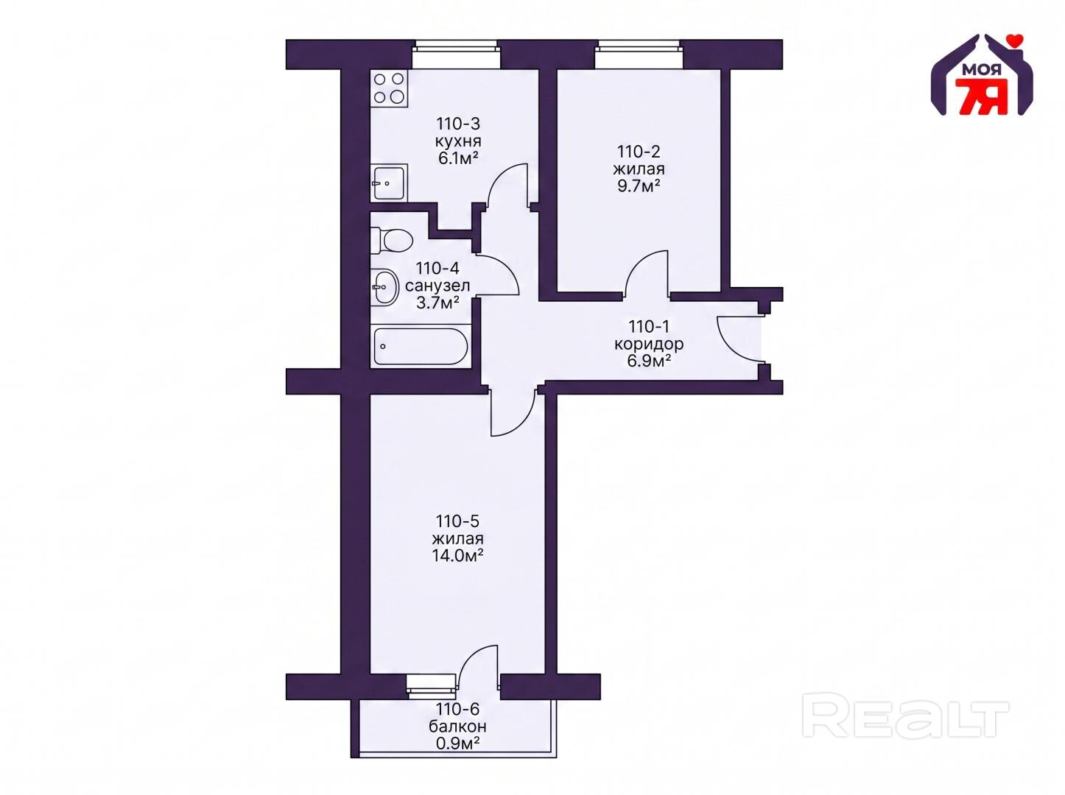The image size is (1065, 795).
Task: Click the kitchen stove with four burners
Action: tap(389, 88)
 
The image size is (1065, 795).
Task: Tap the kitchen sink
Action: tap(389, 183)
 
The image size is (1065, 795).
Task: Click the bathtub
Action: tap(420, 347)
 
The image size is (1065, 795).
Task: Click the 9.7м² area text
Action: tap(639, 185)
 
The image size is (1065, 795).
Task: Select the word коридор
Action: tap(649, 344)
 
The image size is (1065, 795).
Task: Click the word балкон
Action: tap(457, 727)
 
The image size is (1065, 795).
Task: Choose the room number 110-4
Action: tap(437, 268)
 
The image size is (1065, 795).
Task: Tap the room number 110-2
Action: tap(639, 152)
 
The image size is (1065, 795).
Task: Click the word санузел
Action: tap(437, 286)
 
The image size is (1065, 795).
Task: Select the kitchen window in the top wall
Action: tap(456, 54)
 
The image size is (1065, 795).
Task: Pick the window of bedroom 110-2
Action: tap(639, 54)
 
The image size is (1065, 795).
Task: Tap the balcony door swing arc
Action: tap(473, 664)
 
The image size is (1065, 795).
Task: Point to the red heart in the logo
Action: tap(1010, 40)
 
